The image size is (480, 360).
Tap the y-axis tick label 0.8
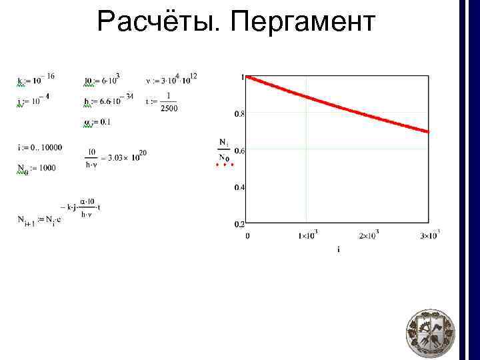coord(239,114)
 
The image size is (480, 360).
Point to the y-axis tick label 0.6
coord(239,151)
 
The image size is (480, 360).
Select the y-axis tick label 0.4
coord(239,187)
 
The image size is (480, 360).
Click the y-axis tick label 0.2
coord(239,224)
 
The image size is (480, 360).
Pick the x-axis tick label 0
coord(248,236)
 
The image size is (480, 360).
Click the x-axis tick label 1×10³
coord(307,236)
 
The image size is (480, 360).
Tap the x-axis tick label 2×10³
coord(368,236)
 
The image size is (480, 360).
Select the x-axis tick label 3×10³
coord(429,235)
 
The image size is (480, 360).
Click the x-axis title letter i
coord(339,250)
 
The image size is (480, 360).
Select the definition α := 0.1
coord(97,122)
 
